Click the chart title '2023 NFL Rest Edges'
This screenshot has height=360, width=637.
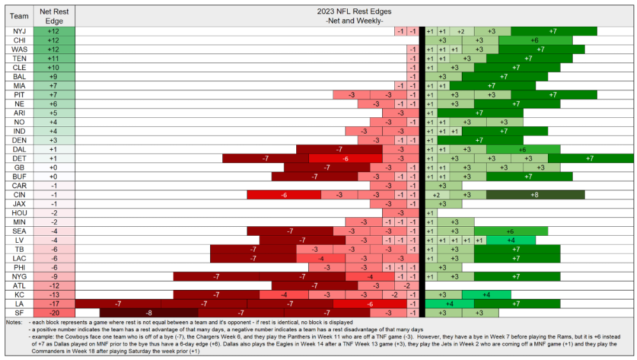(355, 11)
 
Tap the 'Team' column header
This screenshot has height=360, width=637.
(18, 16)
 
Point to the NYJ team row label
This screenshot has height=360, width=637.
(18, 31)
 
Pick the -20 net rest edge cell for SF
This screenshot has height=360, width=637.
(55, 312)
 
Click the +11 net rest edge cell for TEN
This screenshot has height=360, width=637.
(55, 58)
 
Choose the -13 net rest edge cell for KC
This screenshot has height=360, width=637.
(55, 294)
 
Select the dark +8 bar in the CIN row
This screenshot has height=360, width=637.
(534, 194)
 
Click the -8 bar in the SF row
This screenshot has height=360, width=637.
(148, 312)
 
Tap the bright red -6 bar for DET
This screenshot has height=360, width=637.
(345, 158)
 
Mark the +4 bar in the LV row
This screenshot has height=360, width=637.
(511, 240)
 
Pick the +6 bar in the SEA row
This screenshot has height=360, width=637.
(510, 231)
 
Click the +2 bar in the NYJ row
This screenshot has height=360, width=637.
(461, 31)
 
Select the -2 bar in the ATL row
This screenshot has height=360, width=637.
(406, 285)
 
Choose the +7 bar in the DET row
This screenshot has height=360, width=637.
(590, 158)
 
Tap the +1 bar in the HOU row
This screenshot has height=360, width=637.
(429, 212)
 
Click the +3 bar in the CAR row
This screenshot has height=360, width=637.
(442, 185)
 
